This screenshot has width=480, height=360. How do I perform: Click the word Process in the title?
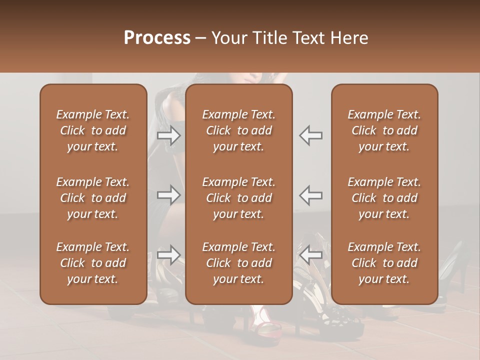tap(157, 38)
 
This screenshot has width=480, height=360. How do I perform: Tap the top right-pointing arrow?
tap(169, 135)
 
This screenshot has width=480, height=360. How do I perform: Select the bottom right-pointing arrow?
tap(169, 255)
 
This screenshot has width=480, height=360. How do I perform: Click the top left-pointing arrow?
tap(310, 135)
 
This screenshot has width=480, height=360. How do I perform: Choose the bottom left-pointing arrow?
tap(310, 255)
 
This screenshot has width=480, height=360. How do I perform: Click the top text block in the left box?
tap(93, 130)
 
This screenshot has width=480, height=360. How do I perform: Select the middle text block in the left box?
tap(93, 198)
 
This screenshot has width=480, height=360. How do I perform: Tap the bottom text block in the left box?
tap(93, 263)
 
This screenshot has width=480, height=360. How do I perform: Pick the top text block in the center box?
tap(238, 130)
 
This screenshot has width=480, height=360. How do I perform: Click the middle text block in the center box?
tap(238, 198)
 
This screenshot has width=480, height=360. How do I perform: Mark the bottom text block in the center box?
tap(238, 263)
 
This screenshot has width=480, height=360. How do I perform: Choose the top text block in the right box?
tap(384, 130)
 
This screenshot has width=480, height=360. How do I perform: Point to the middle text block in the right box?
tap(384, 198)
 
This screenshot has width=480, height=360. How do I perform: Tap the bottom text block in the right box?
tap(384, 263)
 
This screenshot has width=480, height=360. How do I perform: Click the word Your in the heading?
tap(228, 38)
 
